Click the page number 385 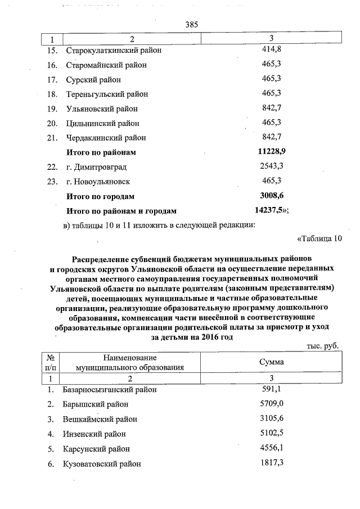[192, 24]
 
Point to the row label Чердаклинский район [106, 138]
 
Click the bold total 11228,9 [272, 152]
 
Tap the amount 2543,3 [272, 166]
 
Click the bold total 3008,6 [272, 196]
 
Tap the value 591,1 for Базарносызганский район [272, 389]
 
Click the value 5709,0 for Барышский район [272, 404]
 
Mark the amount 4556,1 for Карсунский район [272, 448]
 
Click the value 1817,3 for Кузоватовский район [272, 463]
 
